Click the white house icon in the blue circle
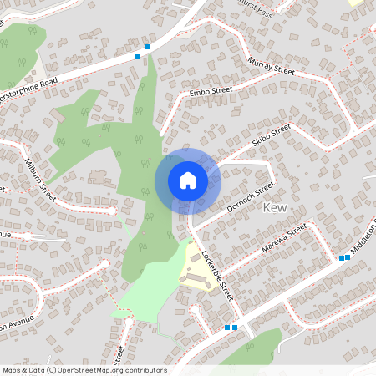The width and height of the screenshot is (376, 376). [x=187, y=180]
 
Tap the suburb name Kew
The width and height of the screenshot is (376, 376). [x=276, y=206]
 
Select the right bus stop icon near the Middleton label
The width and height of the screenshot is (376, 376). [x=348, y=257]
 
